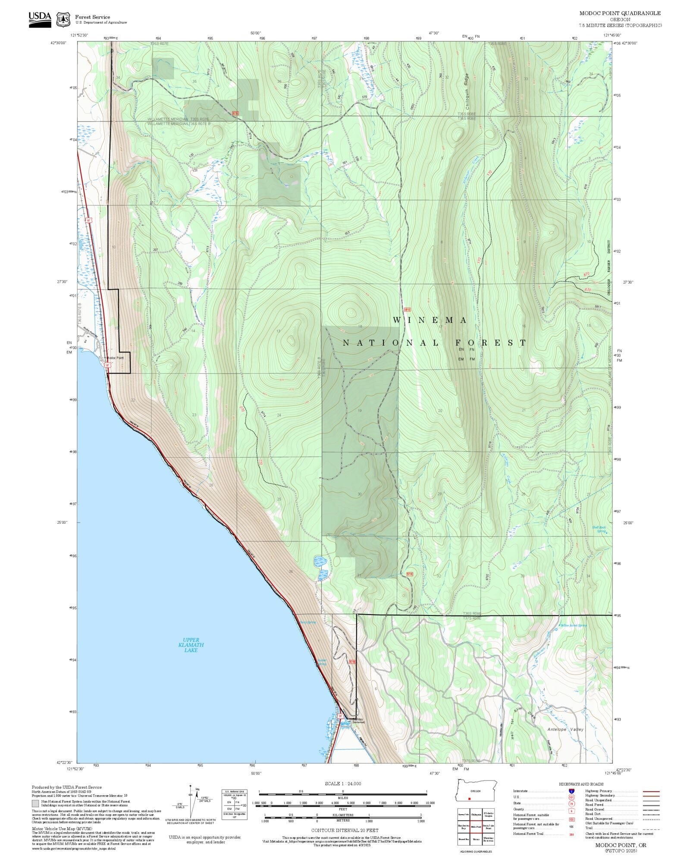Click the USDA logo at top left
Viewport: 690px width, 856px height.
(x=40, y=19)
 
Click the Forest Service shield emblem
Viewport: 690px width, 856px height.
(x=64, y=19)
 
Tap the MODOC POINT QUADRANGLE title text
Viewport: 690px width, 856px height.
(x=620, y=13)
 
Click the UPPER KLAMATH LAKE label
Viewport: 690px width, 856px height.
(x=191, y=645)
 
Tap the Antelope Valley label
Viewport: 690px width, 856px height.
(x=565, y=730)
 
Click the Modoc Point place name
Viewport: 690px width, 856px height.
(x=116, y=358)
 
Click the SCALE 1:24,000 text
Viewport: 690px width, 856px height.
(x=343, y=784)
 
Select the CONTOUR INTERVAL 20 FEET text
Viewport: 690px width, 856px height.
(x=345, y=830)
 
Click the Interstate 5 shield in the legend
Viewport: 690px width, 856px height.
(x=571, y=791)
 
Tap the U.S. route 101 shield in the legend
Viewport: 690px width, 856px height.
(x=571, y=797)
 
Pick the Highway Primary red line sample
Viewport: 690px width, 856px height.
(x=651, y=791)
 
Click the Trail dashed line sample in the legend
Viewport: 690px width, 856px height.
(x=651, y=828)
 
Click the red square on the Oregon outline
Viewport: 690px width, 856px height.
(x=469, y=799)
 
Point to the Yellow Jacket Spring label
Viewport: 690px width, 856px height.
(x=574, y=625)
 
